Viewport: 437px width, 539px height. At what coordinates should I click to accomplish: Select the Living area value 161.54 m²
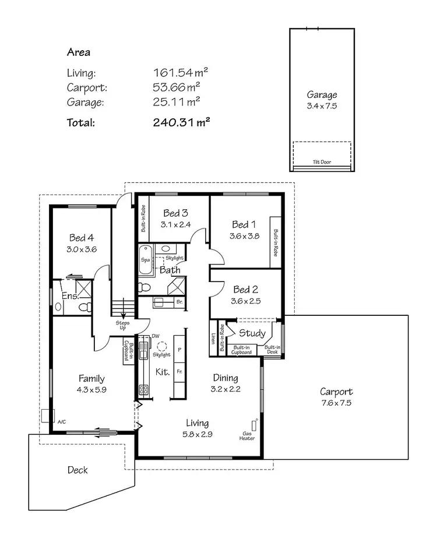click(x=181, y=73)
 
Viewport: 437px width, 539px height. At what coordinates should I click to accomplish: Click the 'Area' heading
click(x=79, y=52)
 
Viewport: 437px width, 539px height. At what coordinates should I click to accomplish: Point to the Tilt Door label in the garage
click(x=322, y=162)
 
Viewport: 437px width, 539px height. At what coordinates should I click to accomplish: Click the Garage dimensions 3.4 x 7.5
click(x=322, y=106)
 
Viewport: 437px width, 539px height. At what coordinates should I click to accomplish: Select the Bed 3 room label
click(x=175, y=213)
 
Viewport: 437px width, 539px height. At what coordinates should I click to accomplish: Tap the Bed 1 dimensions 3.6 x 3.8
click(x=244, y=236)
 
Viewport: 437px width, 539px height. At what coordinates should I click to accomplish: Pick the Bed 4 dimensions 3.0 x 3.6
click(x=82, y=249)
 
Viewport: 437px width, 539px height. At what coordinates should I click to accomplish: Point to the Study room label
click(x=252, y=334)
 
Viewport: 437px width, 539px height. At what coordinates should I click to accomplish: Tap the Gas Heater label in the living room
click(x=248, y=436)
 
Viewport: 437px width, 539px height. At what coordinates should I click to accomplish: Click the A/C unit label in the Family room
click(x=61, y=420)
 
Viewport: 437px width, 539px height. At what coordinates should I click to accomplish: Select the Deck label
click(x=77, y=470)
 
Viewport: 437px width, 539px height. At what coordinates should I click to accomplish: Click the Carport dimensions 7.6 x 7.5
click(x=336, y=403)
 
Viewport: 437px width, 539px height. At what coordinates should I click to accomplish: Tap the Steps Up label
click(x=123, y=325)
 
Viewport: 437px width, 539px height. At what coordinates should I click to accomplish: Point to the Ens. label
click(x=70, y=296)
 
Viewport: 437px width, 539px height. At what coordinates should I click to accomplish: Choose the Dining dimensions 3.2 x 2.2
click(x=225, y=389)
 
